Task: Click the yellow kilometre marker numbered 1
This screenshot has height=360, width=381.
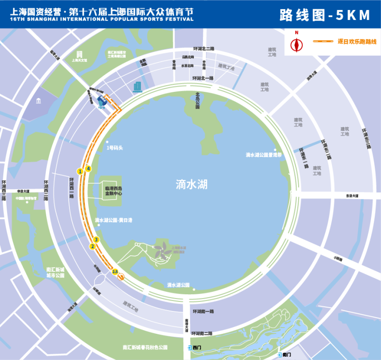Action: point(80,171)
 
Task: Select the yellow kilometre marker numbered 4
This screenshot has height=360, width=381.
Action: point(88,169)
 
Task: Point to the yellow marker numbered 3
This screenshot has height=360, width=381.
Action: point(96,240)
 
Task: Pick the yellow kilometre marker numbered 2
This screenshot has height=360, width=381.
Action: point(92,246)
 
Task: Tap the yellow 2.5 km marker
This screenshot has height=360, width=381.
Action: point(115,271)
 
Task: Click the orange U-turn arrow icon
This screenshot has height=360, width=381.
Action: point(121,277)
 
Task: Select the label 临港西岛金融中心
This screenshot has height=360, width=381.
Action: point(114,190)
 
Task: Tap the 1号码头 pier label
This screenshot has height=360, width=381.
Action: point(115,148)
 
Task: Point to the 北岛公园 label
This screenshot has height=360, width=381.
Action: point(197,100)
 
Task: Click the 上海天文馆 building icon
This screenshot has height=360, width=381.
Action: point(80,53)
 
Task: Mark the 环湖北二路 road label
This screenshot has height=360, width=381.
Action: point(203,49)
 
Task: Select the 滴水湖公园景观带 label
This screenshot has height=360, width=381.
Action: point(263,155)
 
